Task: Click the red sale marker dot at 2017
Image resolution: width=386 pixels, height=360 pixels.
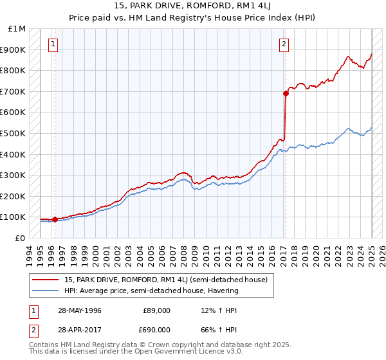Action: [286, 93]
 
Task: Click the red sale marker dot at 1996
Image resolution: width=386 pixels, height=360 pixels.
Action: [55, 219]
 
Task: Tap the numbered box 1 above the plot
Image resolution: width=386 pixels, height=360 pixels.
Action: [53, 44]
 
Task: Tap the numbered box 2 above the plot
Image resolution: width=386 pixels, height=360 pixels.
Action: [284, 44]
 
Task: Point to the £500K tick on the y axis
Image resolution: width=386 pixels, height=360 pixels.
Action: [14, 133]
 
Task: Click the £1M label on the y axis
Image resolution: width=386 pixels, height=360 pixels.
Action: [17, 29]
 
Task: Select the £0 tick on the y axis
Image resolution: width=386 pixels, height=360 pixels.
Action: [21, 238]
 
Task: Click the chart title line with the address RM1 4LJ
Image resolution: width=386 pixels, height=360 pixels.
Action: [192, 6]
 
